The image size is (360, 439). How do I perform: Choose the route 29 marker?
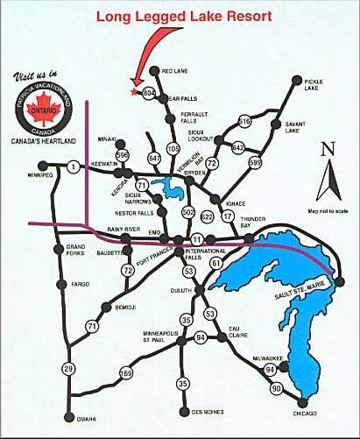tap(68, 369)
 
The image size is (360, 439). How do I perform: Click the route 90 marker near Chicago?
tap(276, 387)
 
